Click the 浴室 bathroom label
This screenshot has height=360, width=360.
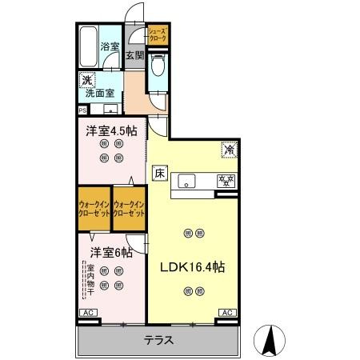(x=110, y=48)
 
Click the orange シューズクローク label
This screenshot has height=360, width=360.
(x=157, y=34)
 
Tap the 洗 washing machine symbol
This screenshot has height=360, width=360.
(x=86, y=80)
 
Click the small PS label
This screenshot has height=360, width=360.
(x=82, y=110)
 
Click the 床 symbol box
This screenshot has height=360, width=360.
(x=159, y=172)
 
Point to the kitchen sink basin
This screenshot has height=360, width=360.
(x=187, y=180)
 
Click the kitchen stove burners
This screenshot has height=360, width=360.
(x=226, y=181)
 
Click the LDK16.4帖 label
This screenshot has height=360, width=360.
(x=193, y=267)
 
